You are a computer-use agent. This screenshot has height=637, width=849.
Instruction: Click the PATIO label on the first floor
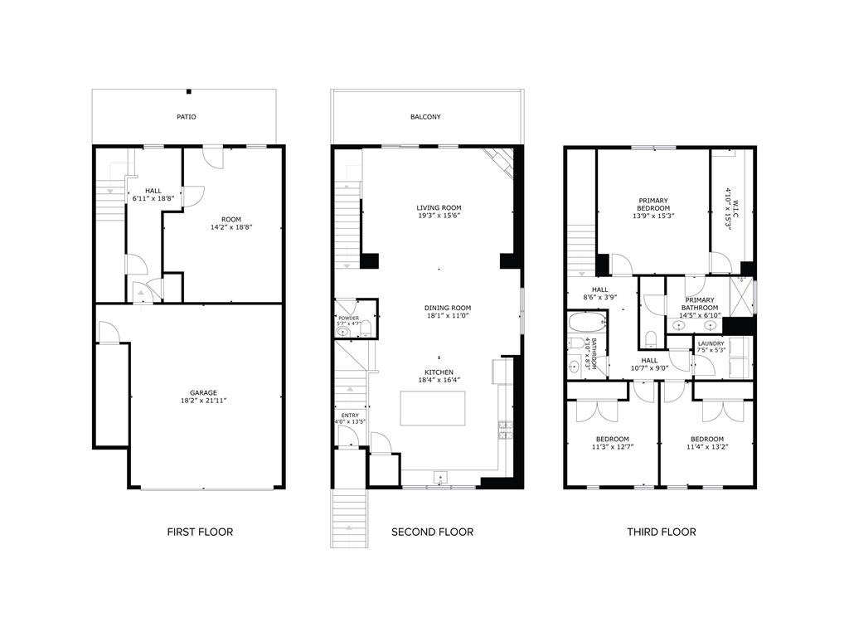[x=187, y=117]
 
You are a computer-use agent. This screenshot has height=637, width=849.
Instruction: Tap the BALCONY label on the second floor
[x=425, y=117]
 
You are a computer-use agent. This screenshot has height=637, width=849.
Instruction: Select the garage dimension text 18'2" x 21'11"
[x=203, y=401]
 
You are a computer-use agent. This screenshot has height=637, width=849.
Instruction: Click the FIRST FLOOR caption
[x=200, y=532]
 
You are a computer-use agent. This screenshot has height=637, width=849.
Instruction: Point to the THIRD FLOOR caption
[x=661, y=532]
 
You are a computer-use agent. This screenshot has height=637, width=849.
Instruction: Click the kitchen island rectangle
[x=433, y=407]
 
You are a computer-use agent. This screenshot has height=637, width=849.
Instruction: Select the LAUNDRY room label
[x=711, y=343]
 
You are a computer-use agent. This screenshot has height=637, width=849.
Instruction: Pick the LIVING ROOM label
[x=439, y=207]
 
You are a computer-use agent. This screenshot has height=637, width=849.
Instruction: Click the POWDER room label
[x=348, y=317]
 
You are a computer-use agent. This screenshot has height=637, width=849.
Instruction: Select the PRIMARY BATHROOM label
[x=700, y=304]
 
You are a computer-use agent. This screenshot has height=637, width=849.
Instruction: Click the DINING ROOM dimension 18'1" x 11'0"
[x=448, y=316]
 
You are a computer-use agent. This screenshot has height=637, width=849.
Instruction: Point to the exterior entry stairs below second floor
[x=349, y=518]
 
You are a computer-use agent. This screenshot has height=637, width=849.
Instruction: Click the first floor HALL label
[x=153, y=190]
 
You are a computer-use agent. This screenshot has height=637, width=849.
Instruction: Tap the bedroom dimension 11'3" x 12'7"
[x=612, y=448]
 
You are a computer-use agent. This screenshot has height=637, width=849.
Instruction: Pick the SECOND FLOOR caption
[x=432, y=532]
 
